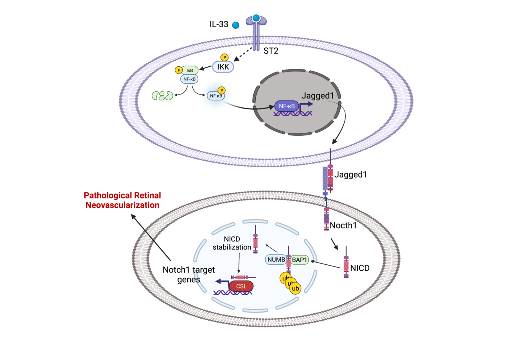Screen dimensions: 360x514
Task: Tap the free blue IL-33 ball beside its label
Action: point(236,25)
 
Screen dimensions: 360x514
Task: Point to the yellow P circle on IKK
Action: point(224,57)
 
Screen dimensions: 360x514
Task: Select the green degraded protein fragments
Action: point(162,96)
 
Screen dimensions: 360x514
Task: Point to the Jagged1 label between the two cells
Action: point(351,175)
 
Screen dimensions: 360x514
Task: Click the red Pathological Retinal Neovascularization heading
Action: point(122,200)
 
